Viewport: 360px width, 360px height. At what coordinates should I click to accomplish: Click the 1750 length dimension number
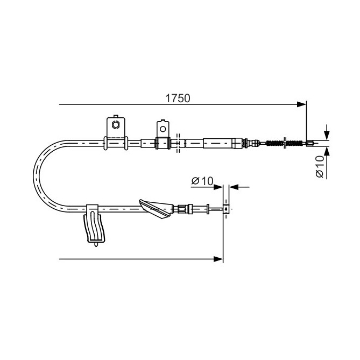[178, 98]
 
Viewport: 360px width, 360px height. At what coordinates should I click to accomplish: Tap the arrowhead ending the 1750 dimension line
[301, 104]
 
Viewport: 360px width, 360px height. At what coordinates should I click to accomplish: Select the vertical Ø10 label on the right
[320, 166]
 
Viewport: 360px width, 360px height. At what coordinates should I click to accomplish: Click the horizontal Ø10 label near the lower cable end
[202, 181]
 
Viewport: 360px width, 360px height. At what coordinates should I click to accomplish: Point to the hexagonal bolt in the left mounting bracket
[115, 125]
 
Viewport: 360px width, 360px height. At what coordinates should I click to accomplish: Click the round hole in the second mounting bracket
[163, 129]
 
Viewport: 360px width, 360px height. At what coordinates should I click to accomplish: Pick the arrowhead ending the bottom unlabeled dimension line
[218, 259]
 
